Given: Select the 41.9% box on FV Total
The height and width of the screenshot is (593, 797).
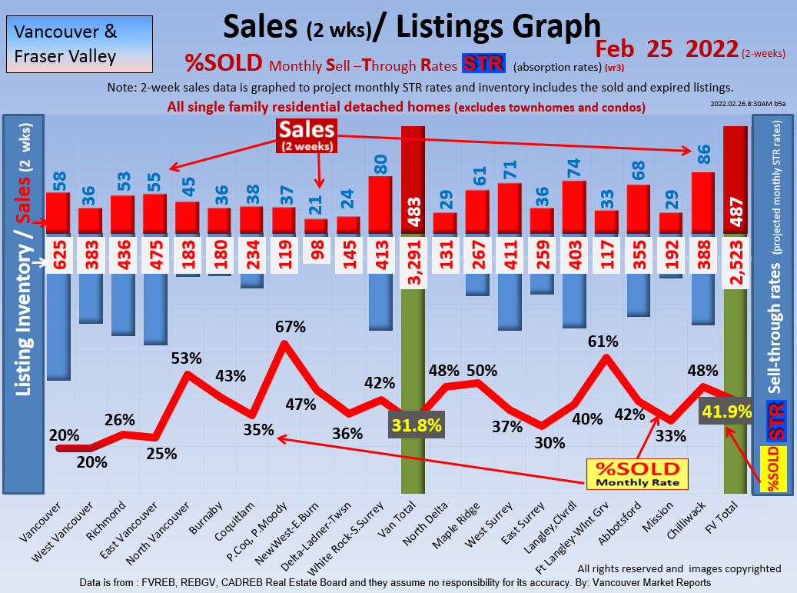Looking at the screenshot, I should coord(725,411).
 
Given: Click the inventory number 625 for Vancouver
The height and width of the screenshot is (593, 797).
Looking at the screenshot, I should coord(58,253).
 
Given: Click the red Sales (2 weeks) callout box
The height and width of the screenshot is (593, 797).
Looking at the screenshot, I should coord(306,135).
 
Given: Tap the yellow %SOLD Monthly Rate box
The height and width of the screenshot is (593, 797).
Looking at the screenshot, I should coord(637,474).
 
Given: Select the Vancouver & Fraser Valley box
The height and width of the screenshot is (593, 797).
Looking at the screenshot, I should coord(77,44).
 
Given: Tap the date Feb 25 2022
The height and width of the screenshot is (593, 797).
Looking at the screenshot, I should coord(666,49).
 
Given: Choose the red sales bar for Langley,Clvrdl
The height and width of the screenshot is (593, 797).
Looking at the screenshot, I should coord(574,206).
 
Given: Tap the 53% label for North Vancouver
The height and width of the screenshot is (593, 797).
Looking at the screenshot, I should coord(187,358).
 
